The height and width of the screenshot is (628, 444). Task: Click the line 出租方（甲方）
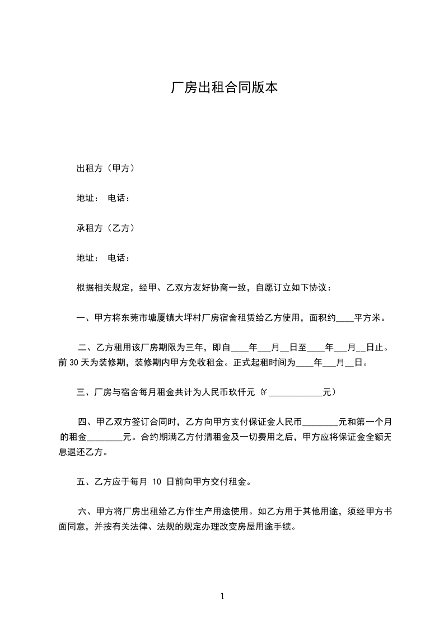tap(105, 167)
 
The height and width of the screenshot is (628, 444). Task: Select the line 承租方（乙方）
tap(105, 228)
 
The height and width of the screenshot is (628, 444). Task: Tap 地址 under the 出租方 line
tap(86, 198)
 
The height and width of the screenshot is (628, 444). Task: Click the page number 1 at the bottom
tap(222, 596)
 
